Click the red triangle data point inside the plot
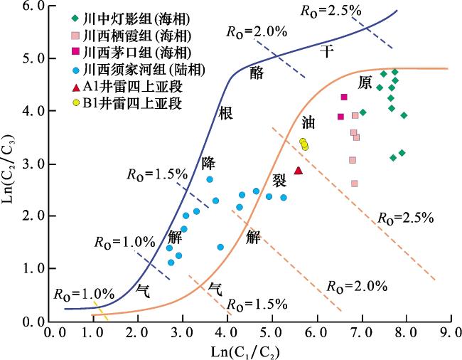pos(299,170)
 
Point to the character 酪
pos(257,72)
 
